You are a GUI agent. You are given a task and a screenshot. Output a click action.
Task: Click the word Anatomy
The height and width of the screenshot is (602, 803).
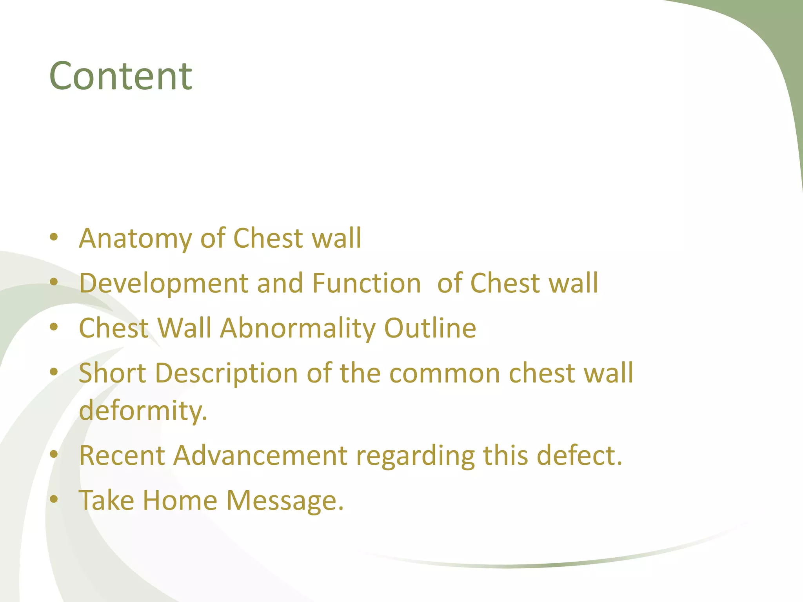136,238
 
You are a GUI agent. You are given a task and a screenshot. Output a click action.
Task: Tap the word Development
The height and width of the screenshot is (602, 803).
164,283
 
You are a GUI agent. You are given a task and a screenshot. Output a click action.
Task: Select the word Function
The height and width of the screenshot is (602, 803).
366,283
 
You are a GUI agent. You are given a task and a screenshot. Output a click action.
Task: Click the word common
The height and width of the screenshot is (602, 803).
444,373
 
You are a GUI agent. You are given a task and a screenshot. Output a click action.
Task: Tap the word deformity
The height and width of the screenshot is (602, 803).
143,410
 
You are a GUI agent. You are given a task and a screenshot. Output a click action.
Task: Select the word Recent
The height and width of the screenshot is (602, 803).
122,455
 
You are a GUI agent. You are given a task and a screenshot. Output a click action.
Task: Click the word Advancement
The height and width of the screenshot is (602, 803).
260,455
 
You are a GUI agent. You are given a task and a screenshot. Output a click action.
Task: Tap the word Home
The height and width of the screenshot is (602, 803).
180,500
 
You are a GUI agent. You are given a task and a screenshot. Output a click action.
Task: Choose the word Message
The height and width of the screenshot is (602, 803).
285,501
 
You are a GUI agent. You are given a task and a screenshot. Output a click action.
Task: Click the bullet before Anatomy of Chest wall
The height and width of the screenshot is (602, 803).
54,237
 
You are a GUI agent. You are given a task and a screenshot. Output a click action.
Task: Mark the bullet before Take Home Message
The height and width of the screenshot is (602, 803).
54,499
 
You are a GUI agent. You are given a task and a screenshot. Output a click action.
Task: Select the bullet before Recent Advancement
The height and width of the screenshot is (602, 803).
54,454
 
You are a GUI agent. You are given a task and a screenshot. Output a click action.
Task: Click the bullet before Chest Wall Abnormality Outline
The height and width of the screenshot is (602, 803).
54,327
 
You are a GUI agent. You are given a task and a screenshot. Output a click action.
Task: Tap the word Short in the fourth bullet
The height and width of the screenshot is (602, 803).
113,373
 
